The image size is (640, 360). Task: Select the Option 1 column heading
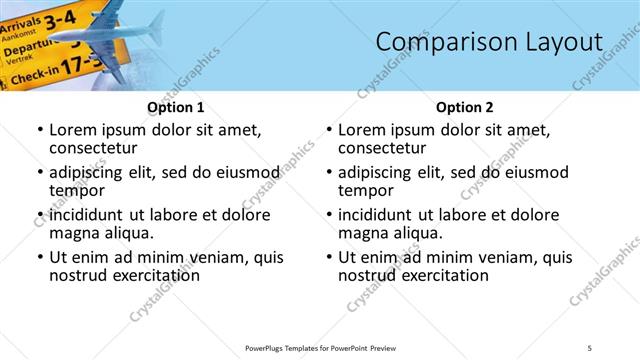click(x=176, y=106)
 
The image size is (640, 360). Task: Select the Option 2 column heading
click(x=465, y=106)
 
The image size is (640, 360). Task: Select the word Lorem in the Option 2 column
click(x=362, y=129)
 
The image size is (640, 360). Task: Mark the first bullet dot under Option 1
click(x=39, y=130)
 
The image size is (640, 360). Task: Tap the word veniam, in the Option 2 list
click(x=488, y=257)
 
